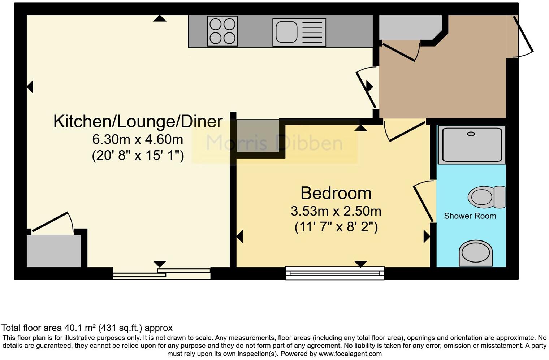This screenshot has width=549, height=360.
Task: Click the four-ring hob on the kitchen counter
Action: (222, 31)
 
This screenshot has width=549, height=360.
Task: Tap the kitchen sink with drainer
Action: (299, 32)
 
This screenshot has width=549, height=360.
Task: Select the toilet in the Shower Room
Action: (486, 197)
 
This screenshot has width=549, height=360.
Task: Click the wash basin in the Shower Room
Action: (475, 252)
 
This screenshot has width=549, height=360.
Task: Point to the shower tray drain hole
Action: (471, 134)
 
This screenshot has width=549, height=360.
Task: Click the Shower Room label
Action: (470, 216)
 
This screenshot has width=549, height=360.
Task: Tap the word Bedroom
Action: (336, 193)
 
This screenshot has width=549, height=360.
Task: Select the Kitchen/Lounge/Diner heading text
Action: (138, 121)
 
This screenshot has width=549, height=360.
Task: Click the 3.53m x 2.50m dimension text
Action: (336, 211)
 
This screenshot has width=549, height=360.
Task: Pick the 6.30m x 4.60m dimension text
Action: (138, 139)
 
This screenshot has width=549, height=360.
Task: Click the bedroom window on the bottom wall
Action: (335, 273)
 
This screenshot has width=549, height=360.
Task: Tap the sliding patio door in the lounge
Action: (161, 273)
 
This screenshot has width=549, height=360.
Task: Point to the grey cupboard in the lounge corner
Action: (54, 251)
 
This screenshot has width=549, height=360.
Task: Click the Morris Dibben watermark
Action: (274, 143)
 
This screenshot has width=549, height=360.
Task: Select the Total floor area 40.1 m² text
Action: (87, 328)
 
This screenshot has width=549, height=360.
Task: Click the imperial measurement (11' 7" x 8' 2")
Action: (336, 227)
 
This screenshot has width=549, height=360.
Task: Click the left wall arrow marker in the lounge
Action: (30, 87)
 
